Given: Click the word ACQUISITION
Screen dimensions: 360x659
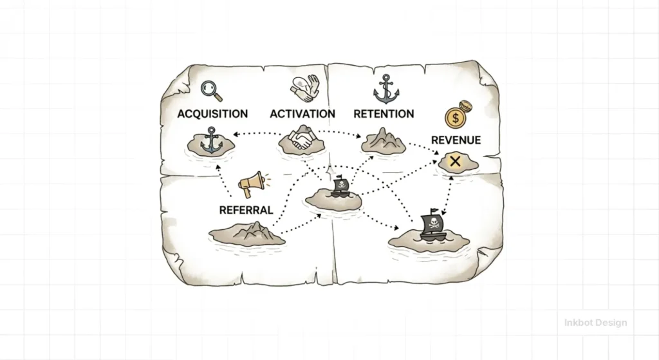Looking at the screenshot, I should pyautogui.click(x=212, y=114).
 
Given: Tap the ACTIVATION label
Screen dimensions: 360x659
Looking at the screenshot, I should pyautogui.click(x=302, y=114).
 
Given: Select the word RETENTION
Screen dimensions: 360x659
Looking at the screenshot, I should pyautogui.click(x=384, y=114).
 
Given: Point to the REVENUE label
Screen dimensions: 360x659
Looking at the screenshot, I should pyautogui.click(x=456, y=140).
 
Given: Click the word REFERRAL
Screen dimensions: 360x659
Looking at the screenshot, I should pyautogui.click(x=246, y=210).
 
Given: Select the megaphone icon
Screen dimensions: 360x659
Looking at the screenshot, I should pyautogui.click(x=252, y=185).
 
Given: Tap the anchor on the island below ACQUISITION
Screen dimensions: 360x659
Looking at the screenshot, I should pyautogui.click(x=210, y=141).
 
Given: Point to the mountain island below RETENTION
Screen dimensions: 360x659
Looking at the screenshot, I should pyautogui.click(x=384, y=141).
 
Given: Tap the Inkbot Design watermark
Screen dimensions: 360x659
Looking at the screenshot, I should pyautogui.click(x=595, y=322).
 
